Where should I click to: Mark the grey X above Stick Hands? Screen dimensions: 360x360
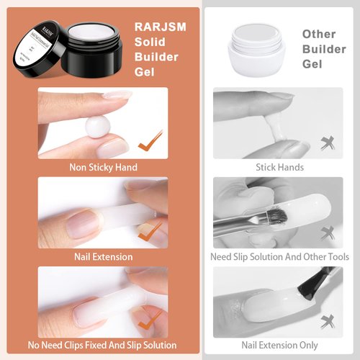pyautogui.click(x=328, y=141)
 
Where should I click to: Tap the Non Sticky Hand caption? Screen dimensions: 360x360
pyautogui.click(x=103, y=168)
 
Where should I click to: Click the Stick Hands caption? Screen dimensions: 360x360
pyautogui.click(x=279, y=168)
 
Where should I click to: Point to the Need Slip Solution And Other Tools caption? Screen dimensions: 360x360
pyautogui.click(x=279, y=257)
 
